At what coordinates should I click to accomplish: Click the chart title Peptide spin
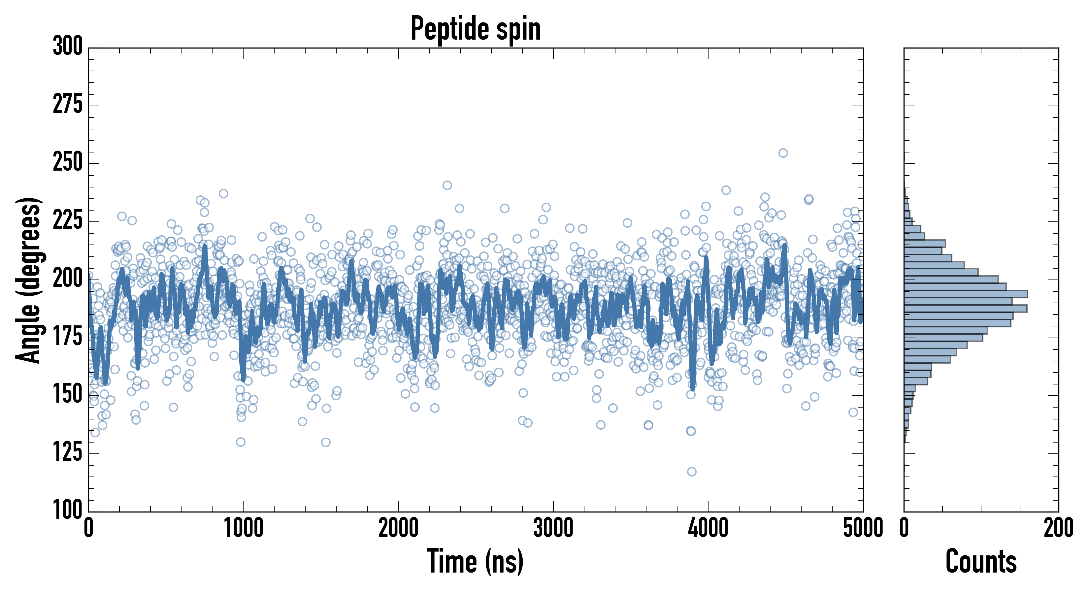[476, 29]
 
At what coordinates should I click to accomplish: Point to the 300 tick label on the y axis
[68, 46]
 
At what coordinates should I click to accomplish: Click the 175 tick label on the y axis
[68, 337]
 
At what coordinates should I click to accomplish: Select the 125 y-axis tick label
[68, 452]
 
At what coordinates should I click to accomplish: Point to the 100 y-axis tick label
[68, 510]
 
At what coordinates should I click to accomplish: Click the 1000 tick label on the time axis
[244, 528]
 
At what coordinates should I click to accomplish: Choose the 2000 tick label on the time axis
[398, 528]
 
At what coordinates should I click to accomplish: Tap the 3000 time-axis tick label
[553, 528]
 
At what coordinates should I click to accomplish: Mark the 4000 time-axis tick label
[708, 528]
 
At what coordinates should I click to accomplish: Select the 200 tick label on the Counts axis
[1058, 528]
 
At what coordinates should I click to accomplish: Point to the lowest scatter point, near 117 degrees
[692, 471]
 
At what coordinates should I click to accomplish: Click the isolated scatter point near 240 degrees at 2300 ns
[447, 185]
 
